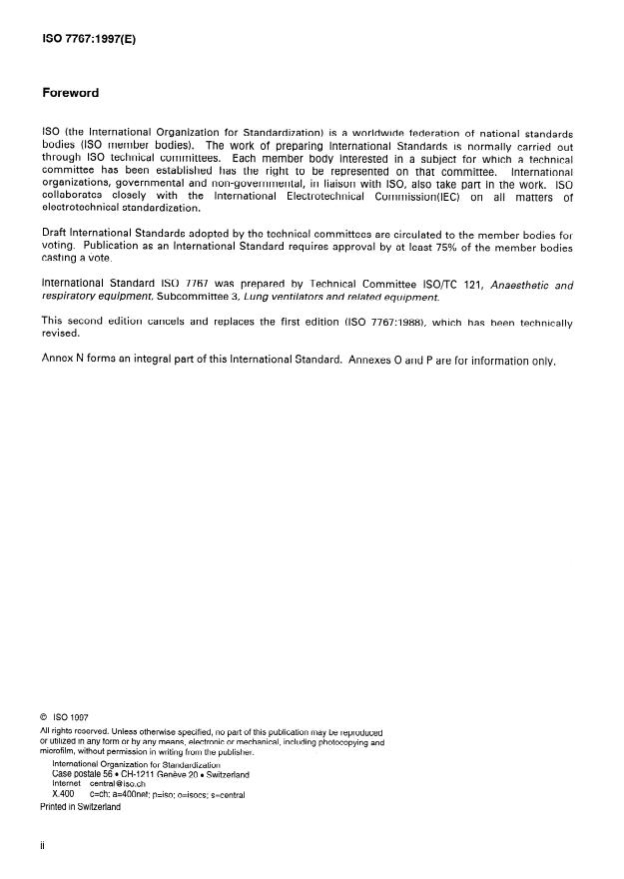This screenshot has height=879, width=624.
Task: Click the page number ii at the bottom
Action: point(43,844)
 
